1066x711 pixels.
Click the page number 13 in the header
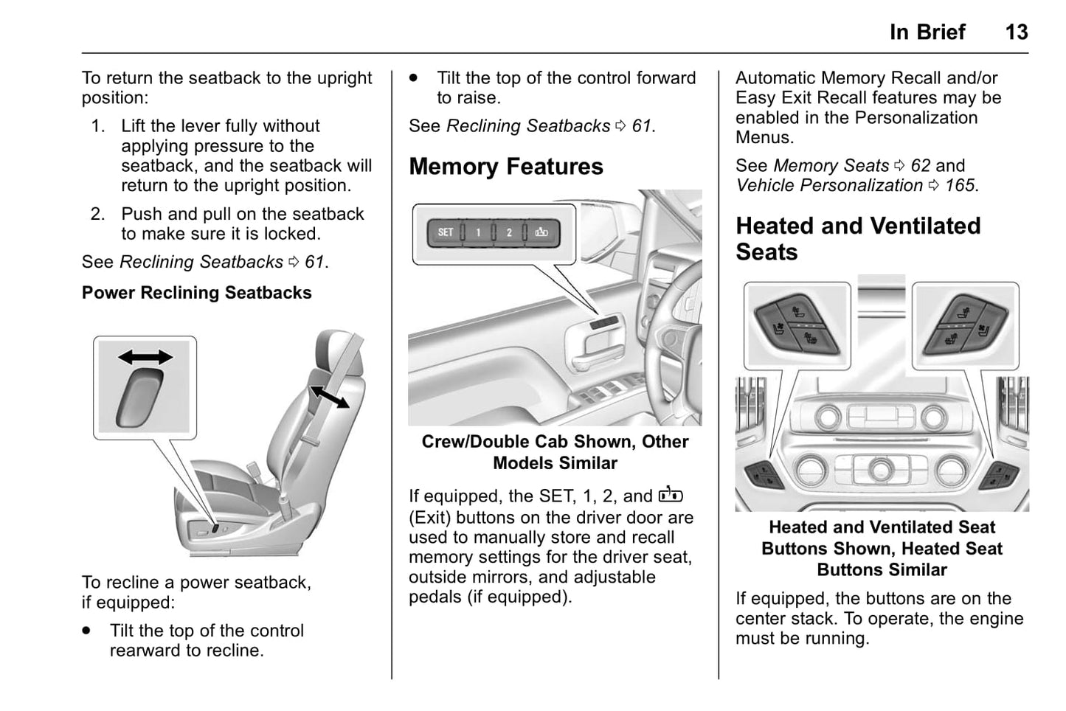1016,32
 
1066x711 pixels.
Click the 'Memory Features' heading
505,167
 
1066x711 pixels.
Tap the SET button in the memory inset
446,232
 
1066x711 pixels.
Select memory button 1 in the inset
477,233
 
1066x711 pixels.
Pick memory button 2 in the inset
508,233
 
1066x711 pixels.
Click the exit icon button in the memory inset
541,233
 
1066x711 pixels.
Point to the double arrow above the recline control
145,358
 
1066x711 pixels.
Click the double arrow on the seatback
329,396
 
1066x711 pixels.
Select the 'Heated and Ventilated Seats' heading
858,238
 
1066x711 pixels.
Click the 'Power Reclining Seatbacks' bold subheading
196,293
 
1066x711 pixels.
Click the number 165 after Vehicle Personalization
959,185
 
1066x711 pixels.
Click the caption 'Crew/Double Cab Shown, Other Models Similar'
555,452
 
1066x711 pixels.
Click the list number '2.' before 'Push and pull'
98,214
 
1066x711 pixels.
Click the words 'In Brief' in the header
927,32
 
